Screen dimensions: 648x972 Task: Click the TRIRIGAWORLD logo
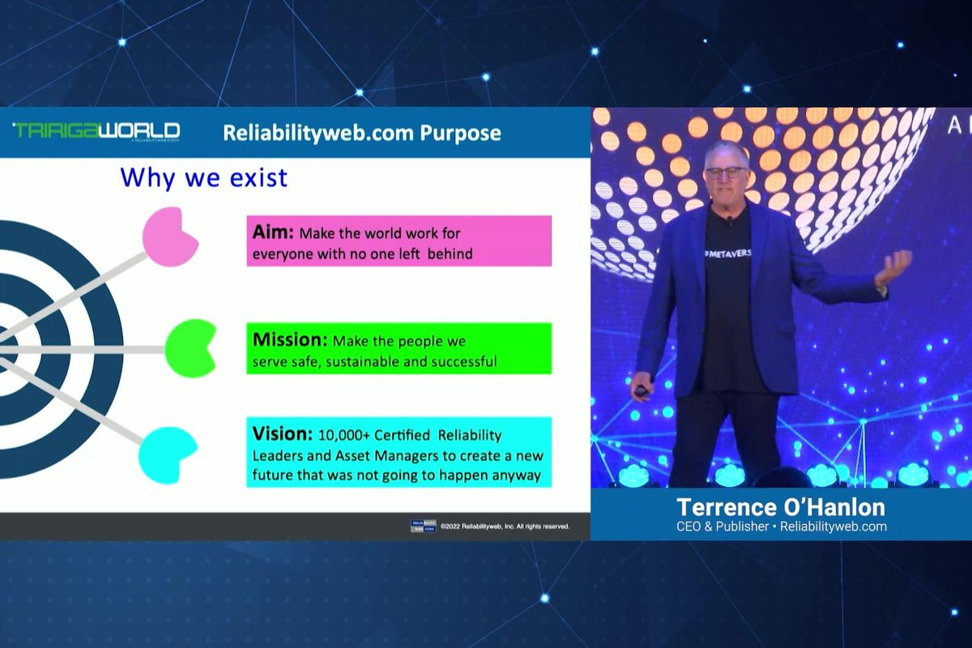pos(96,131)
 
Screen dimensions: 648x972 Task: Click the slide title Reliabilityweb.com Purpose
pos(362,132)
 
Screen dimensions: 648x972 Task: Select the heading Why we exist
pos(203,177)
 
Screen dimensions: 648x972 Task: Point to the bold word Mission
pos(290,340)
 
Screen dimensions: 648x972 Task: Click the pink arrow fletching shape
pos(170,236)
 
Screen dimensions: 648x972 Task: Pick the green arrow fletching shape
pos(191,348)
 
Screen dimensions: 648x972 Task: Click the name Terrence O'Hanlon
pos(780,507)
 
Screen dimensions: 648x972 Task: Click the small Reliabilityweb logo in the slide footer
pos(423,526)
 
